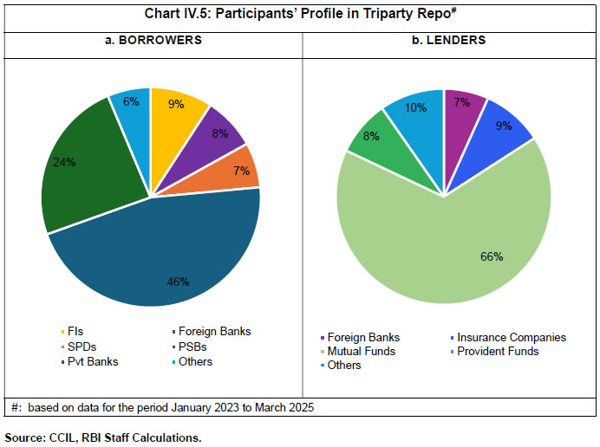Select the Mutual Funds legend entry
click(359, 351)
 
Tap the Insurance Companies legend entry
click(511, 337)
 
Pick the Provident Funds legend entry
click(497, 351)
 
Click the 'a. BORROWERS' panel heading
click(152, 39)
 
